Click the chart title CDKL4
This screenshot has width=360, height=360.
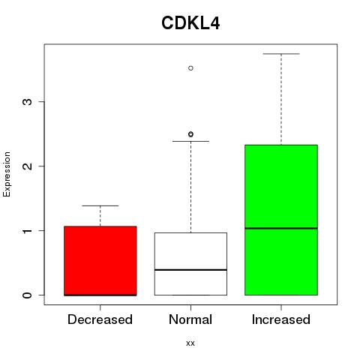pos(190,23)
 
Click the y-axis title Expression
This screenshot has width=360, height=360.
pos(7,175)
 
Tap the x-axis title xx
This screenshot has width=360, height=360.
pos(190,343)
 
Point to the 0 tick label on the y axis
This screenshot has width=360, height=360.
pos(28,295)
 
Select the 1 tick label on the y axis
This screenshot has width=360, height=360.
pos(28,230)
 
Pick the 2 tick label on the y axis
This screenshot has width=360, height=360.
pos(28,166)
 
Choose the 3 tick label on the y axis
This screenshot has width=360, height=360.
pos(28,101)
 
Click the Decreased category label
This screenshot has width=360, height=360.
pos(100,319)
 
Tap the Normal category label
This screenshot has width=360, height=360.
pos(190,319)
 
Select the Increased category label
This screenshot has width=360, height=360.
pos(281,319)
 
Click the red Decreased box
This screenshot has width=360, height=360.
pos(100,261)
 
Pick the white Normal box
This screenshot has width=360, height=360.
pos(190,264)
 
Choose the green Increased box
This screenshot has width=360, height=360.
pos(281,220)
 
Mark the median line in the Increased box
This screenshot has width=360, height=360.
pos(281,228)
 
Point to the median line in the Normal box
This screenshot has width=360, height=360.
pos(190,270)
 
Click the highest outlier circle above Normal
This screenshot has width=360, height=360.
pos(190,68)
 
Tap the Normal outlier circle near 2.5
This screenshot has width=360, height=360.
pos(190,134)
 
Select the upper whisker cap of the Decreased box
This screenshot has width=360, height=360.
pos(100,205)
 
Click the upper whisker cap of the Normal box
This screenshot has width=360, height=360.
pos(190,141)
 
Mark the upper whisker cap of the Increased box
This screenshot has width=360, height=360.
pos(281,54)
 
